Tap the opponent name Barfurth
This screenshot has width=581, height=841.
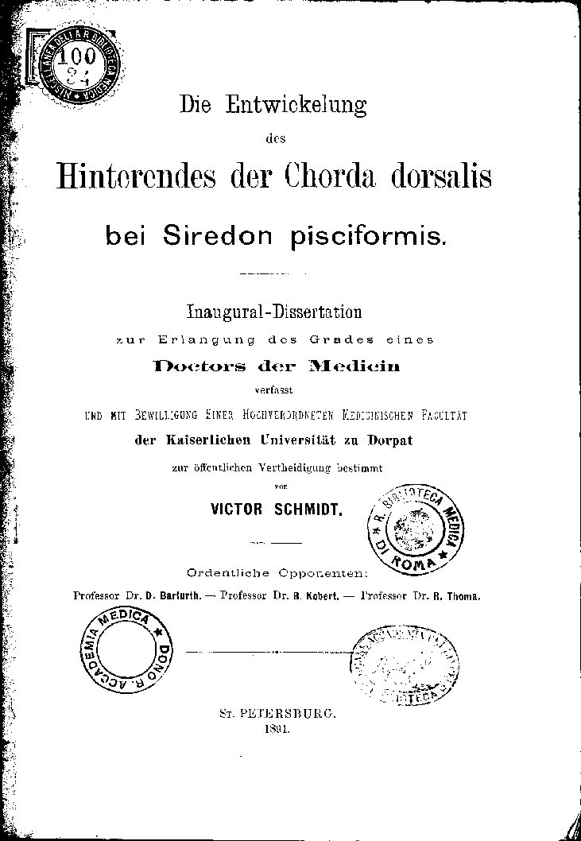[181, 595]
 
